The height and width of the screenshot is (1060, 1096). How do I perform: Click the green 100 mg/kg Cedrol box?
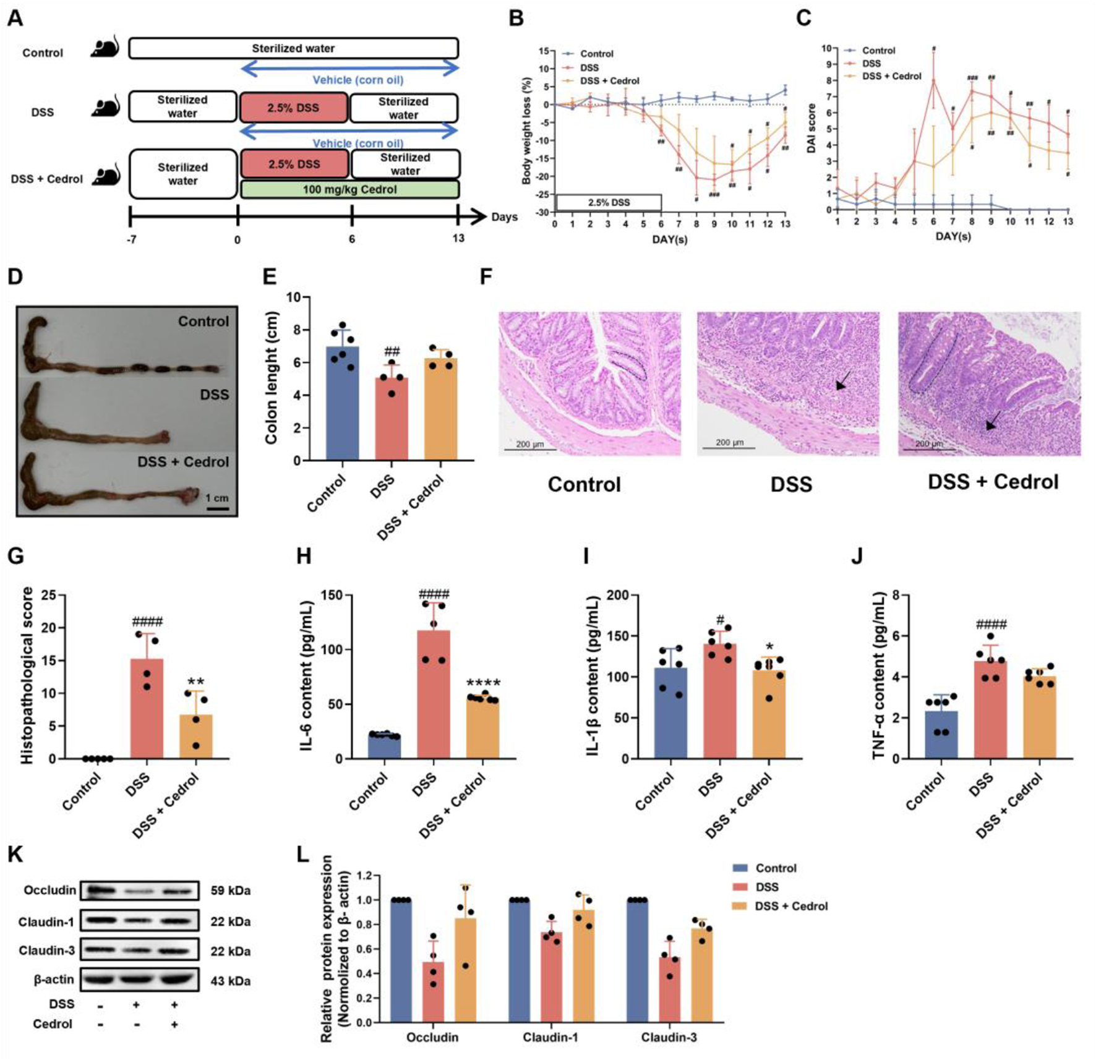tap(349, 189)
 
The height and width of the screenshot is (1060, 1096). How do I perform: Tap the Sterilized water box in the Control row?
tap(293, 48)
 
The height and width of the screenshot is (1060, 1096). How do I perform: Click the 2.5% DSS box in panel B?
tap(609, 202)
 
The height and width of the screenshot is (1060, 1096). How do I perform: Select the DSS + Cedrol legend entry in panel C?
tap(891, 76)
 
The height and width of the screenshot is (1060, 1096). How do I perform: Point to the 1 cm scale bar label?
tap(217, 498)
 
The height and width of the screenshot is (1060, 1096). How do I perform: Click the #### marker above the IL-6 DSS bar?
tap(434, 595)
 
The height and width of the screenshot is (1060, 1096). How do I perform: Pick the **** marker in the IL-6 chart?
tap(483, 683)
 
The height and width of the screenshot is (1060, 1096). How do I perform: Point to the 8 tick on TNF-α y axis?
tap(895, 595)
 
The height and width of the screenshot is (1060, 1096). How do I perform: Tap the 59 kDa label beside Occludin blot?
tap(230, 891)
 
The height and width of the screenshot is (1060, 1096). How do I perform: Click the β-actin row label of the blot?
tap(54, 980)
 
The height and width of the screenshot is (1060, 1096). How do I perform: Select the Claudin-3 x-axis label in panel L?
tap(669, 1038)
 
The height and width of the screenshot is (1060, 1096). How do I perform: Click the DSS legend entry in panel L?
tap(767, 887)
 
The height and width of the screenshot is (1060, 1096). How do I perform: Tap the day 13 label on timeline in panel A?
tap(458, 238)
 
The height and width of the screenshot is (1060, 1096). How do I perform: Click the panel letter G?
tap(15, 555)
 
